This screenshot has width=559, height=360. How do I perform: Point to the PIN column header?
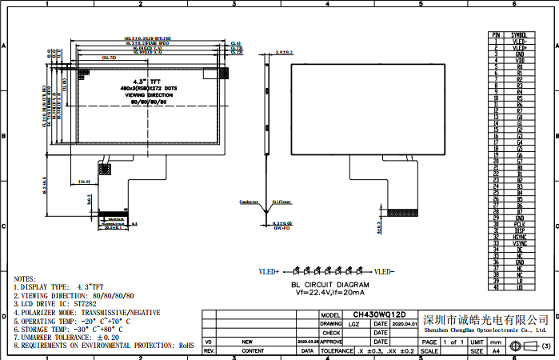[x=496, y=35]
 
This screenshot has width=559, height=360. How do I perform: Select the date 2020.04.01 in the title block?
[x=405, y=324]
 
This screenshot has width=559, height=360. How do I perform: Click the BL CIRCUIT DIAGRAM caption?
[x=329, y=284]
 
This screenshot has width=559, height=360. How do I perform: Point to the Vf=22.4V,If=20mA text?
[x=329, y=292]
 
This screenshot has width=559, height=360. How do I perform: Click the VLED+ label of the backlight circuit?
[x=267, y=272]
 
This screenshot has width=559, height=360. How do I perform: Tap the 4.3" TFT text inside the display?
[x=148, y=80]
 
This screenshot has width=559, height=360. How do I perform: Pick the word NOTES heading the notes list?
[x=25, y=277]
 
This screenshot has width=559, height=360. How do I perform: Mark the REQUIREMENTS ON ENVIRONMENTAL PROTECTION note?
[x=104, y=345]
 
